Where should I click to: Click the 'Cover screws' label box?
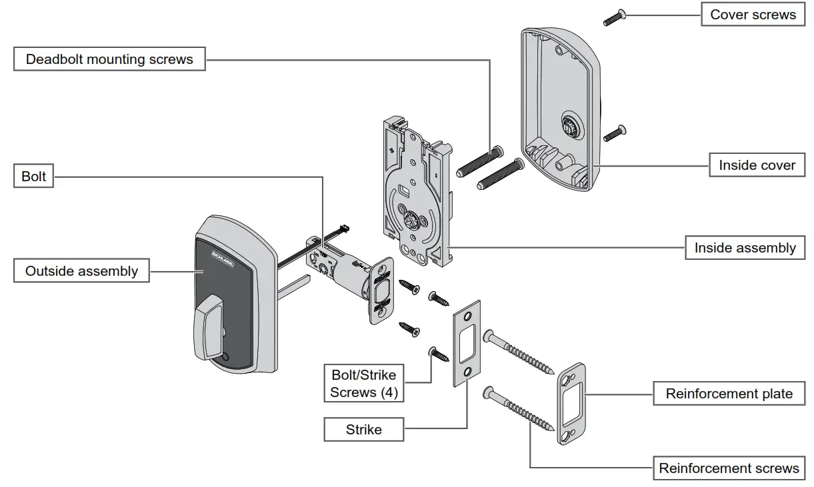(753, 15)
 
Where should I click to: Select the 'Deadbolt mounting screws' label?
(109, 59)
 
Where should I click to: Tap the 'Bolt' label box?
(34, 177)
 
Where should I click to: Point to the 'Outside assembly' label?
(82, 271)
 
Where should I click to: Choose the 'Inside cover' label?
(757, 165)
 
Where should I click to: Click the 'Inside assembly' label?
(745, 248)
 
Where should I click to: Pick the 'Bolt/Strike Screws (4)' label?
(364, 384)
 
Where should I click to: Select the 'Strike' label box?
(364, 430)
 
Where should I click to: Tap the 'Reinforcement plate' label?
(729, 394)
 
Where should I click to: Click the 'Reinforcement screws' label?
(729, 468)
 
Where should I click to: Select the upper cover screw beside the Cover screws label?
(613, 18)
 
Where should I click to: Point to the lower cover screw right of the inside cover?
(613, 134)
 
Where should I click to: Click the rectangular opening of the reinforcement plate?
(572, 404)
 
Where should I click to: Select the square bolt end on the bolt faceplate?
(382, 291)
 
